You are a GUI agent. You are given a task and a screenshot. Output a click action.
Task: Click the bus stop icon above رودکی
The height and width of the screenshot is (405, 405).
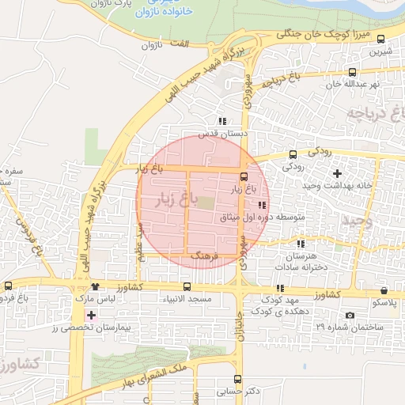[293, 154]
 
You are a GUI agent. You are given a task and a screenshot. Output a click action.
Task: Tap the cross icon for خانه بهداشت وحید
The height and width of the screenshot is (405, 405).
[338, 172]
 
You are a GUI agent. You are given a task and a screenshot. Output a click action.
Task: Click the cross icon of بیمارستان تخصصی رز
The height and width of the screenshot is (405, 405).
[92, 315]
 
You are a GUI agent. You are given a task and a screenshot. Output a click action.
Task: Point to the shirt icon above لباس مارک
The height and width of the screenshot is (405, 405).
[96, 287]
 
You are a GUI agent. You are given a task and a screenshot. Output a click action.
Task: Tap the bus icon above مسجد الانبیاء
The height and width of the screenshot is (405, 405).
[187, 287]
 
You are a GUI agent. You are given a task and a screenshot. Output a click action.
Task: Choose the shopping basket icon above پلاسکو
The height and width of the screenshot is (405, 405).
[384, 290]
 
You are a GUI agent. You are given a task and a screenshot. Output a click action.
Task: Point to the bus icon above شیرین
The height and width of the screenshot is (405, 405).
[381, 39]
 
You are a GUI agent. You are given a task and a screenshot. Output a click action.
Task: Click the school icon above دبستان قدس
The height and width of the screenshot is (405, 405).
[222, 122]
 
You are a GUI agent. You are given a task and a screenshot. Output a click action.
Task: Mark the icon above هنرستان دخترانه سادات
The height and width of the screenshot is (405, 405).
[301, 243]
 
